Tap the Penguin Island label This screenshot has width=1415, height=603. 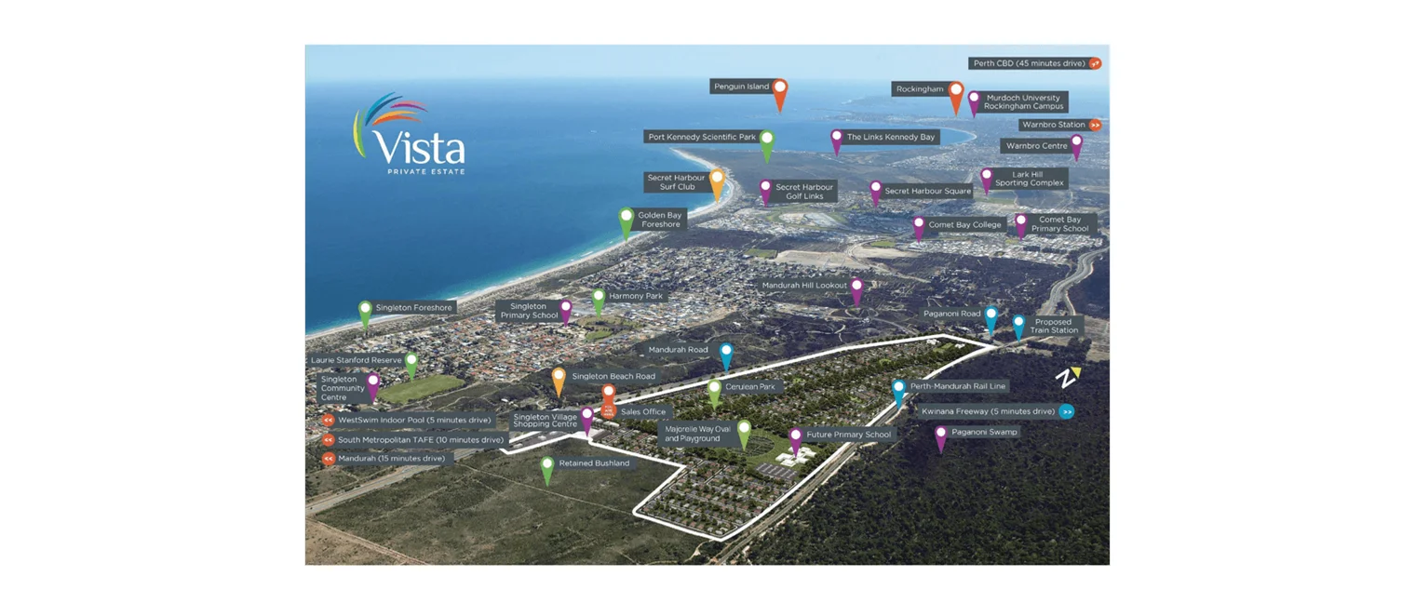pos(741,87)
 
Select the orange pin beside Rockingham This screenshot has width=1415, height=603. pos(956,94)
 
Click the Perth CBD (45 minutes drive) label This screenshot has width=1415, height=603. pos(1028,63)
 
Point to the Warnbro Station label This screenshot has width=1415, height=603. pos(1053,125)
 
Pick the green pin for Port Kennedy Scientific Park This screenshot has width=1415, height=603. pos(767,143)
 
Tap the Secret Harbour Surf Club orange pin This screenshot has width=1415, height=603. pos(717,182)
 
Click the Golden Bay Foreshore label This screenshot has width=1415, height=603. pos(660,220)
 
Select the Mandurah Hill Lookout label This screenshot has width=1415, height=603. pos(803,286)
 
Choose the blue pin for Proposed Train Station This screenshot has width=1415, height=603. pos(1018,325)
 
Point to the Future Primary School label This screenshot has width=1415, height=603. pos(848,435)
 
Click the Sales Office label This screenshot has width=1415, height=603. pos(643,411)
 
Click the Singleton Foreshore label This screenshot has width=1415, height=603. pos(413,307)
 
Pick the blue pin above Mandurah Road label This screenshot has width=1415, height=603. pos(726,355)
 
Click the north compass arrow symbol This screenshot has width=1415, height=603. pos(1067,378)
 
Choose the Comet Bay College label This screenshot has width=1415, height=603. pos(964,224)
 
